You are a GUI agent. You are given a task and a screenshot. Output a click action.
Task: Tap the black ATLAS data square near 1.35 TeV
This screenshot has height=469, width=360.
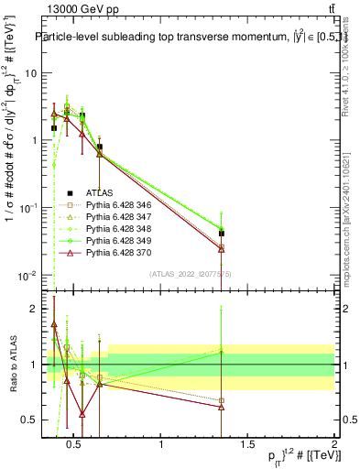tap(222, 234)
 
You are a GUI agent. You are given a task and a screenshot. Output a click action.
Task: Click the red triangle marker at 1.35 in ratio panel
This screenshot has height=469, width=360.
tap(222, 407)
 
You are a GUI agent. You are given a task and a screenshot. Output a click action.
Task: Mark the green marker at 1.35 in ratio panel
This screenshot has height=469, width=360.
tap(222, 351)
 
